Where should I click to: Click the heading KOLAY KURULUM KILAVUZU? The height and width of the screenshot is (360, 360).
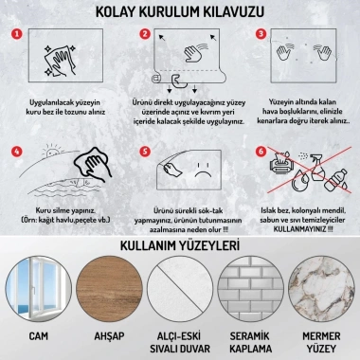coord(179,12)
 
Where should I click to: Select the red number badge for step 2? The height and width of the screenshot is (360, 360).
coord(144,35)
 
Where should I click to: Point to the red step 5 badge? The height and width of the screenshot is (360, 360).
coord(144,151)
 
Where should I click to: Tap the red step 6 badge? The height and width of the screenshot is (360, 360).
coord(261,151)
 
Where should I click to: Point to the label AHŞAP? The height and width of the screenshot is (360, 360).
coord(107,335)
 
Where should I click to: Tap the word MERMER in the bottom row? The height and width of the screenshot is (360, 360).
coord(323,335)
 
